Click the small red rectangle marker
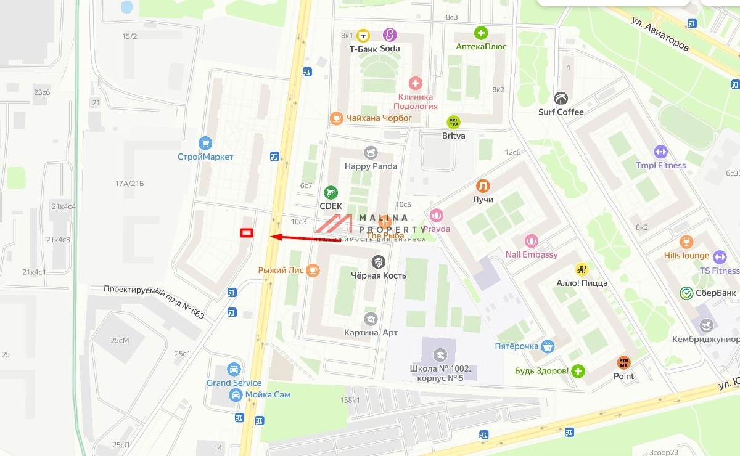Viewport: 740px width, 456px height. [x=247, y=232]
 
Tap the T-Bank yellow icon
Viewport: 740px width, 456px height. [x=364, y=36]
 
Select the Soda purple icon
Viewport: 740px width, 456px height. [x=389, y=35]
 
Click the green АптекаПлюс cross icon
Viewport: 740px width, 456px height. [x=480, y=33]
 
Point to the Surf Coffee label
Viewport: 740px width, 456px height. [x=561, y=112]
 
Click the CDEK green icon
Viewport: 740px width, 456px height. [x=331, y=192]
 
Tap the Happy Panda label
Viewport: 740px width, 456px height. [x=371, y=166]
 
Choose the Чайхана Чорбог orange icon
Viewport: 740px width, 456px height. [x=336, y=118]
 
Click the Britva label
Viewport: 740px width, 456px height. [x=453, y=136]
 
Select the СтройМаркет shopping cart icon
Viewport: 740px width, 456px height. [x=205, y=144]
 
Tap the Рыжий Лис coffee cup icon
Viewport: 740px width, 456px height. [x=313, y=270]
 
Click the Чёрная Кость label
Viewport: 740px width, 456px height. [x=378, y=275]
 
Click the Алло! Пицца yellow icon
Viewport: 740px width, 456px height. [x=581, y=269]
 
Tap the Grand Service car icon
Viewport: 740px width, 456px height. [x=234, y=370]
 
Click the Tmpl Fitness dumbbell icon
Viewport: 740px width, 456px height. [x=660, y=152]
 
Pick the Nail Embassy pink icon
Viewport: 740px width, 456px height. [x=531, y=241]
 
